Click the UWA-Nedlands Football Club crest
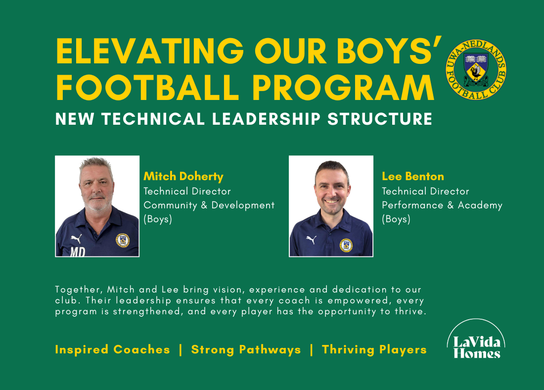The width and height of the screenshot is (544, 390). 476,69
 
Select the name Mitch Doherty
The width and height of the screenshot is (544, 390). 183,176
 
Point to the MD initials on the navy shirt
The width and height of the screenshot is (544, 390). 78,251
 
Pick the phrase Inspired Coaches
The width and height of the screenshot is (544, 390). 112,349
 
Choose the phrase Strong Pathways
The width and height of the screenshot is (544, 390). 246,349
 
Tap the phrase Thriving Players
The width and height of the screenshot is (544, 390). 374,349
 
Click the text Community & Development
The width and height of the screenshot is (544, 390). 209,205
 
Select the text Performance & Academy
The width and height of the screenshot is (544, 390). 442,205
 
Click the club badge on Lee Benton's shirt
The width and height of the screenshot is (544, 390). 346,244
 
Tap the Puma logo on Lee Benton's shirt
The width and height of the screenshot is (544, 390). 311,240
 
